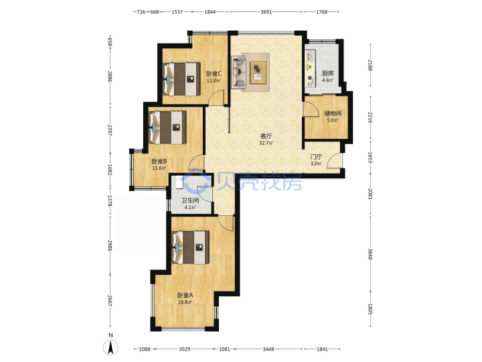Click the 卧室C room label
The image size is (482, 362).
(x=214, y=74)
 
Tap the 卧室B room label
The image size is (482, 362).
(x=159, y=162)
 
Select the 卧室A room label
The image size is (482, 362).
(x=185, y=295)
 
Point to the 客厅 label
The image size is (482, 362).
(x=266, y=135)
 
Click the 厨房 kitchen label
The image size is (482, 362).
(x=327, y=73)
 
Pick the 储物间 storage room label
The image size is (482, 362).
(x=333, y=113)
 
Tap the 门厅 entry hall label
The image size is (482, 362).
(x=316, y=157)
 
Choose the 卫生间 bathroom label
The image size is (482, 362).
(x=190, y=200)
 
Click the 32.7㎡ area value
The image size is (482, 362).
(x=266, y=143)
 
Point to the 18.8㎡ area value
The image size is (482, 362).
(x=185, y=302)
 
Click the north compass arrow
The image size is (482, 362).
(x=111, y=347)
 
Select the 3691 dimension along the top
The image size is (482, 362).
(x=266, y=12)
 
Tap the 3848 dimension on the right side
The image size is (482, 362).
(x=370, y=253)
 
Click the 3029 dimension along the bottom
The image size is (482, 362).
(x=185, y=349)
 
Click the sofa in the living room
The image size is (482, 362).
(x=238, y=72)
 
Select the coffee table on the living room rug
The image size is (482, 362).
(x=258, y=72)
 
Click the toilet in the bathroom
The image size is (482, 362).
(x=179, y=182)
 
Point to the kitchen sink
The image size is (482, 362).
(x=309, y=56)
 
